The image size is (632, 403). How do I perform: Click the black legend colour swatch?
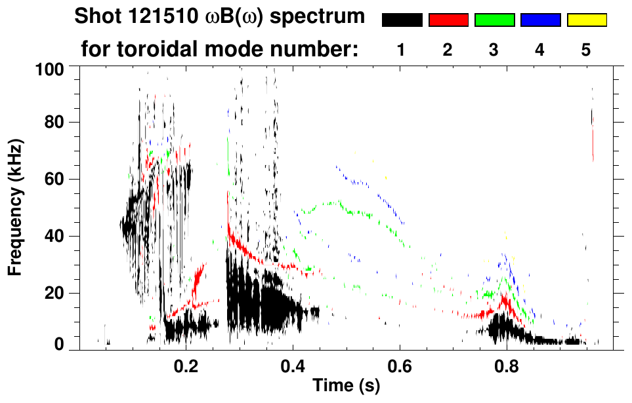[402, 20]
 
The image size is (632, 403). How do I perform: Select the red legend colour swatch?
[448, 20]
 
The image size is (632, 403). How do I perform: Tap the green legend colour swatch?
[494, 20]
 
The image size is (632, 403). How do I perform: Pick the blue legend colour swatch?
[540, 20]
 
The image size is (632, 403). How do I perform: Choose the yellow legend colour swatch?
[586, 20]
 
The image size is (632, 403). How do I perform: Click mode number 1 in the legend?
[402, 50]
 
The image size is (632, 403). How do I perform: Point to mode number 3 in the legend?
[494, 50]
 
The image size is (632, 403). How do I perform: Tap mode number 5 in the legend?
[586, 50]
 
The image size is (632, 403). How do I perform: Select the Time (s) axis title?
[345, 387]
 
